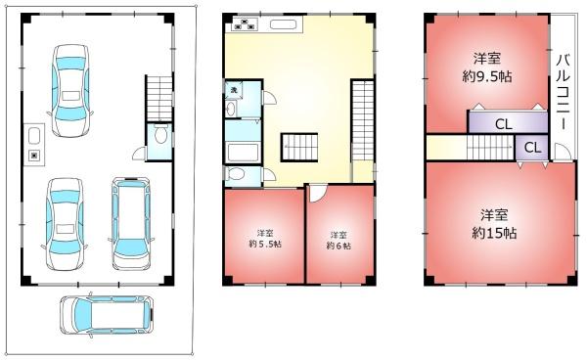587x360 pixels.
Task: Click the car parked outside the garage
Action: point(107,315)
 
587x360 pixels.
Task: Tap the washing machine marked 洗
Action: point(234,90)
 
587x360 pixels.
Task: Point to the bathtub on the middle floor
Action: point(243,152)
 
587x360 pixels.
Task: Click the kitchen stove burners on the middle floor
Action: point(246,23)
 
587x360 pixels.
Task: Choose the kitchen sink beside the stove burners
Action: point(284,24)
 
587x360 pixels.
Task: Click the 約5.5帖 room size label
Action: point(265,245)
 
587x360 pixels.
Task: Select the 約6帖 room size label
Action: point(339,246)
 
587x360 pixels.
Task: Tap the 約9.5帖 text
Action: point(487,76)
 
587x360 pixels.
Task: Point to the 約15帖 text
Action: point(494,233)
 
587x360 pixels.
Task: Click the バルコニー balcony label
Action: point(564,92)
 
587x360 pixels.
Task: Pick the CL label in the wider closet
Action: point(504,124)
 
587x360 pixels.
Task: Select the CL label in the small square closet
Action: point(532,148)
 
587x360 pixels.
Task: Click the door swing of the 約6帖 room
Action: point(317,193)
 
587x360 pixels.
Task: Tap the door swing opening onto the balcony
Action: point(563,152)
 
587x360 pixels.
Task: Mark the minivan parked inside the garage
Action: point(131,223)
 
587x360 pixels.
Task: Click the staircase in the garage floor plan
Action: point(159,98)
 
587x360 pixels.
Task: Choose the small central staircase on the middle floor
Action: point(299,148)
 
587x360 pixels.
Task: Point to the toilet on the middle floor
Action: point(236,174)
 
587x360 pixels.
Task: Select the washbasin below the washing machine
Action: point(231,109)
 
